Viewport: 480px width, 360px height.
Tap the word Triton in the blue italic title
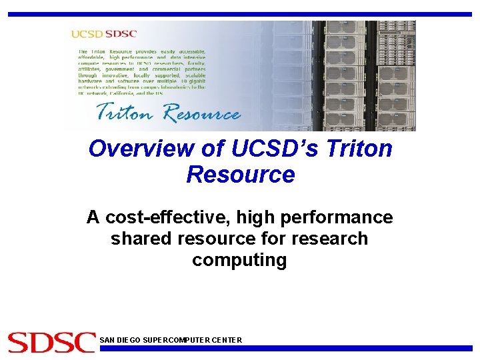(x=359, y=148)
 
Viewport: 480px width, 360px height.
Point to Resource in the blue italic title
(x=240, y=175)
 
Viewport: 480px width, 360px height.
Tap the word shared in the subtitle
(x=141, y=239)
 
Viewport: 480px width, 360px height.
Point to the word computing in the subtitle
(x=239, y=260)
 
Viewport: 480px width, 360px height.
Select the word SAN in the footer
(x=107, y=340)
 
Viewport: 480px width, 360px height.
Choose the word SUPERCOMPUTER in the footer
(x=176, y=340)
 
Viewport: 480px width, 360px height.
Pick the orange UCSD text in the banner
(x=87, y=34)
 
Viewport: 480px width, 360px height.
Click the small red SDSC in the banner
(x=121, y=34)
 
